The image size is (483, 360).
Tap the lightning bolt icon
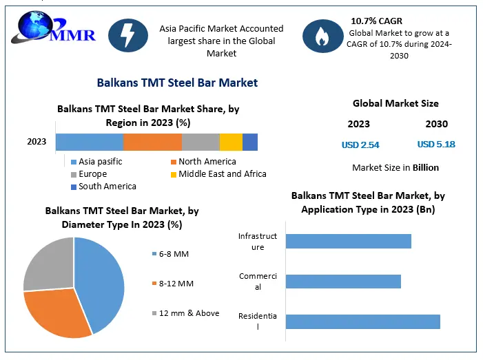tap(129, 34)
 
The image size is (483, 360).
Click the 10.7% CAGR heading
tap(376, 21)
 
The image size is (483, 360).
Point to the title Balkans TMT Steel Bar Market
tap(177, 83)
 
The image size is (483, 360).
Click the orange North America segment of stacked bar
tap(152, 142)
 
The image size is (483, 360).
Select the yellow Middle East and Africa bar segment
tap(231, 142)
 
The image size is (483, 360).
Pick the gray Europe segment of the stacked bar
tap(201, 142)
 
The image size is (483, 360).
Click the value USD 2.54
tap(360, 145)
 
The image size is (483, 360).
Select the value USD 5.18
tap(436, 145)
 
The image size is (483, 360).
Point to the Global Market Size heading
tap(395, 104)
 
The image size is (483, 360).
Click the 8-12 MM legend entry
tap(172, 284)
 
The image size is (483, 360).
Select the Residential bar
tap(362, 321)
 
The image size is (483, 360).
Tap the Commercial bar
tap(342, 282)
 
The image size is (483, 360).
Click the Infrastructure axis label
tap(258, 242)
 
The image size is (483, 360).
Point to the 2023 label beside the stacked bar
tap(37, 142)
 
